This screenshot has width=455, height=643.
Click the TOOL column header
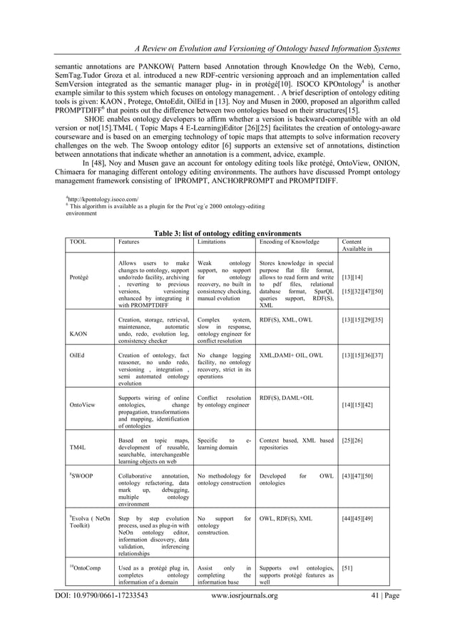[x=78, y=242]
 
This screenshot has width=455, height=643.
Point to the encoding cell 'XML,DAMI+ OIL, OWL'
[x=291, y=355]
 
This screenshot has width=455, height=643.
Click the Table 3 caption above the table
[x=227, y=232]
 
